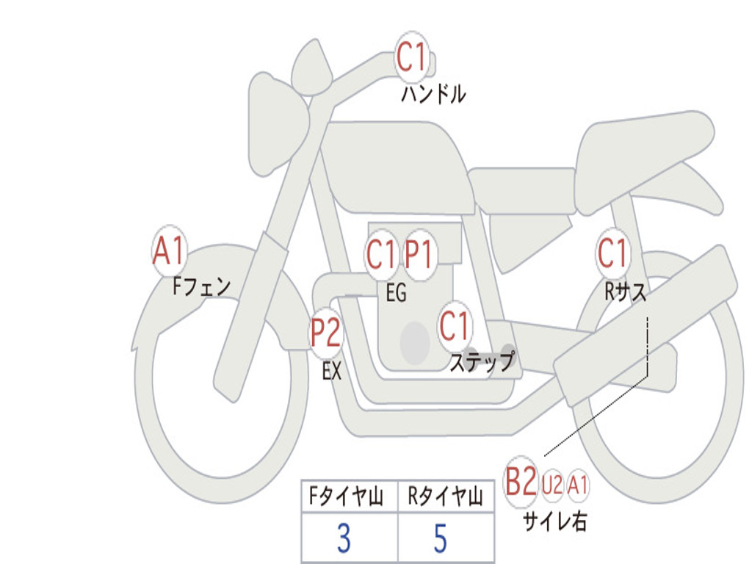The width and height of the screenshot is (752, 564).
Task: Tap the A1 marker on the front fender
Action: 169,251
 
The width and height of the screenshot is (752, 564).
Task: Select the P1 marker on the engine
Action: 419,255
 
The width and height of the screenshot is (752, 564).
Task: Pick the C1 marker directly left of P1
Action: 381,255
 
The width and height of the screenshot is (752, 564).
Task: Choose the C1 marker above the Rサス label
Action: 612,253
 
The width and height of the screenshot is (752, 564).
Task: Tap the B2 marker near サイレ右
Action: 521,482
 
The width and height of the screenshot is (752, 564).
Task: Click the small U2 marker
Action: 552,484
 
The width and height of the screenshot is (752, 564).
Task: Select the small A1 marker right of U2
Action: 577,485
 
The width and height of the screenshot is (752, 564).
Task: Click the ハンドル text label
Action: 433,94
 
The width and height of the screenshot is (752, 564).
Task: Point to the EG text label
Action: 396,292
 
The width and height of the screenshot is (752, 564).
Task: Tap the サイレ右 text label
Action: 555,521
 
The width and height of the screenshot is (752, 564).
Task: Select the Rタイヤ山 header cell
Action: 446,496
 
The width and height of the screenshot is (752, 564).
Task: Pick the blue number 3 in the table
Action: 344,538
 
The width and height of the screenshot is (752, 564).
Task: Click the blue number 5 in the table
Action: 441,538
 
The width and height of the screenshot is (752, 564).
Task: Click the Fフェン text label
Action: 201,287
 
